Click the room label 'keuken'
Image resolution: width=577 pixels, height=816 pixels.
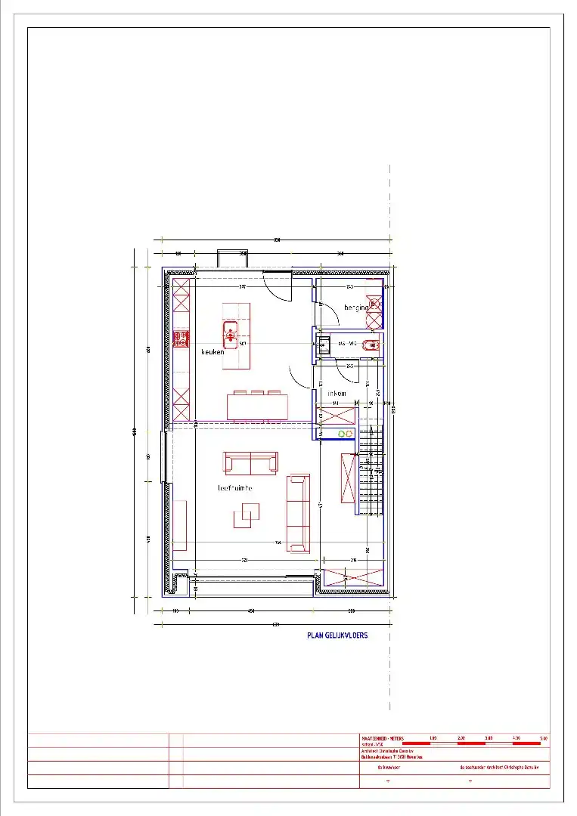pos(213,352)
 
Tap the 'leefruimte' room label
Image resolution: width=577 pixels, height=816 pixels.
pos(234,488)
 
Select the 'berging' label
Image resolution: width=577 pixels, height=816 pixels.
pos(356,308)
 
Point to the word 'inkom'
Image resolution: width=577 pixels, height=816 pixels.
pos(337,394)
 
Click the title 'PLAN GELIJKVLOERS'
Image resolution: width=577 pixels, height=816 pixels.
pos(337,635)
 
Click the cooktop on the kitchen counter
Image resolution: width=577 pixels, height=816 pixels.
pos(181,339)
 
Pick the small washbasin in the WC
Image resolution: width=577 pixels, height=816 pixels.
pos(323,346)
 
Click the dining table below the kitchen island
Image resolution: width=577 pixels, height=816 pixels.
pos(258,407)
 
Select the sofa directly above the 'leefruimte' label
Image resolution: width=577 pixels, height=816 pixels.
pos(250,462)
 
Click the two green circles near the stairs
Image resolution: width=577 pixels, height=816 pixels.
pos(346,434)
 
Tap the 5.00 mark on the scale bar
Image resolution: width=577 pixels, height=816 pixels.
pos(543,738)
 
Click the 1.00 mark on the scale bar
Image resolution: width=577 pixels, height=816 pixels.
pos(433,738)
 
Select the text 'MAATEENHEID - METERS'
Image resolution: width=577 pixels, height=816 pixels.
pos(382,738)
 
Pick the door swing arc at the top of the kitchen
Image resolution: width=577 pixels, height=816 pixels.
pos(278,289)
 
